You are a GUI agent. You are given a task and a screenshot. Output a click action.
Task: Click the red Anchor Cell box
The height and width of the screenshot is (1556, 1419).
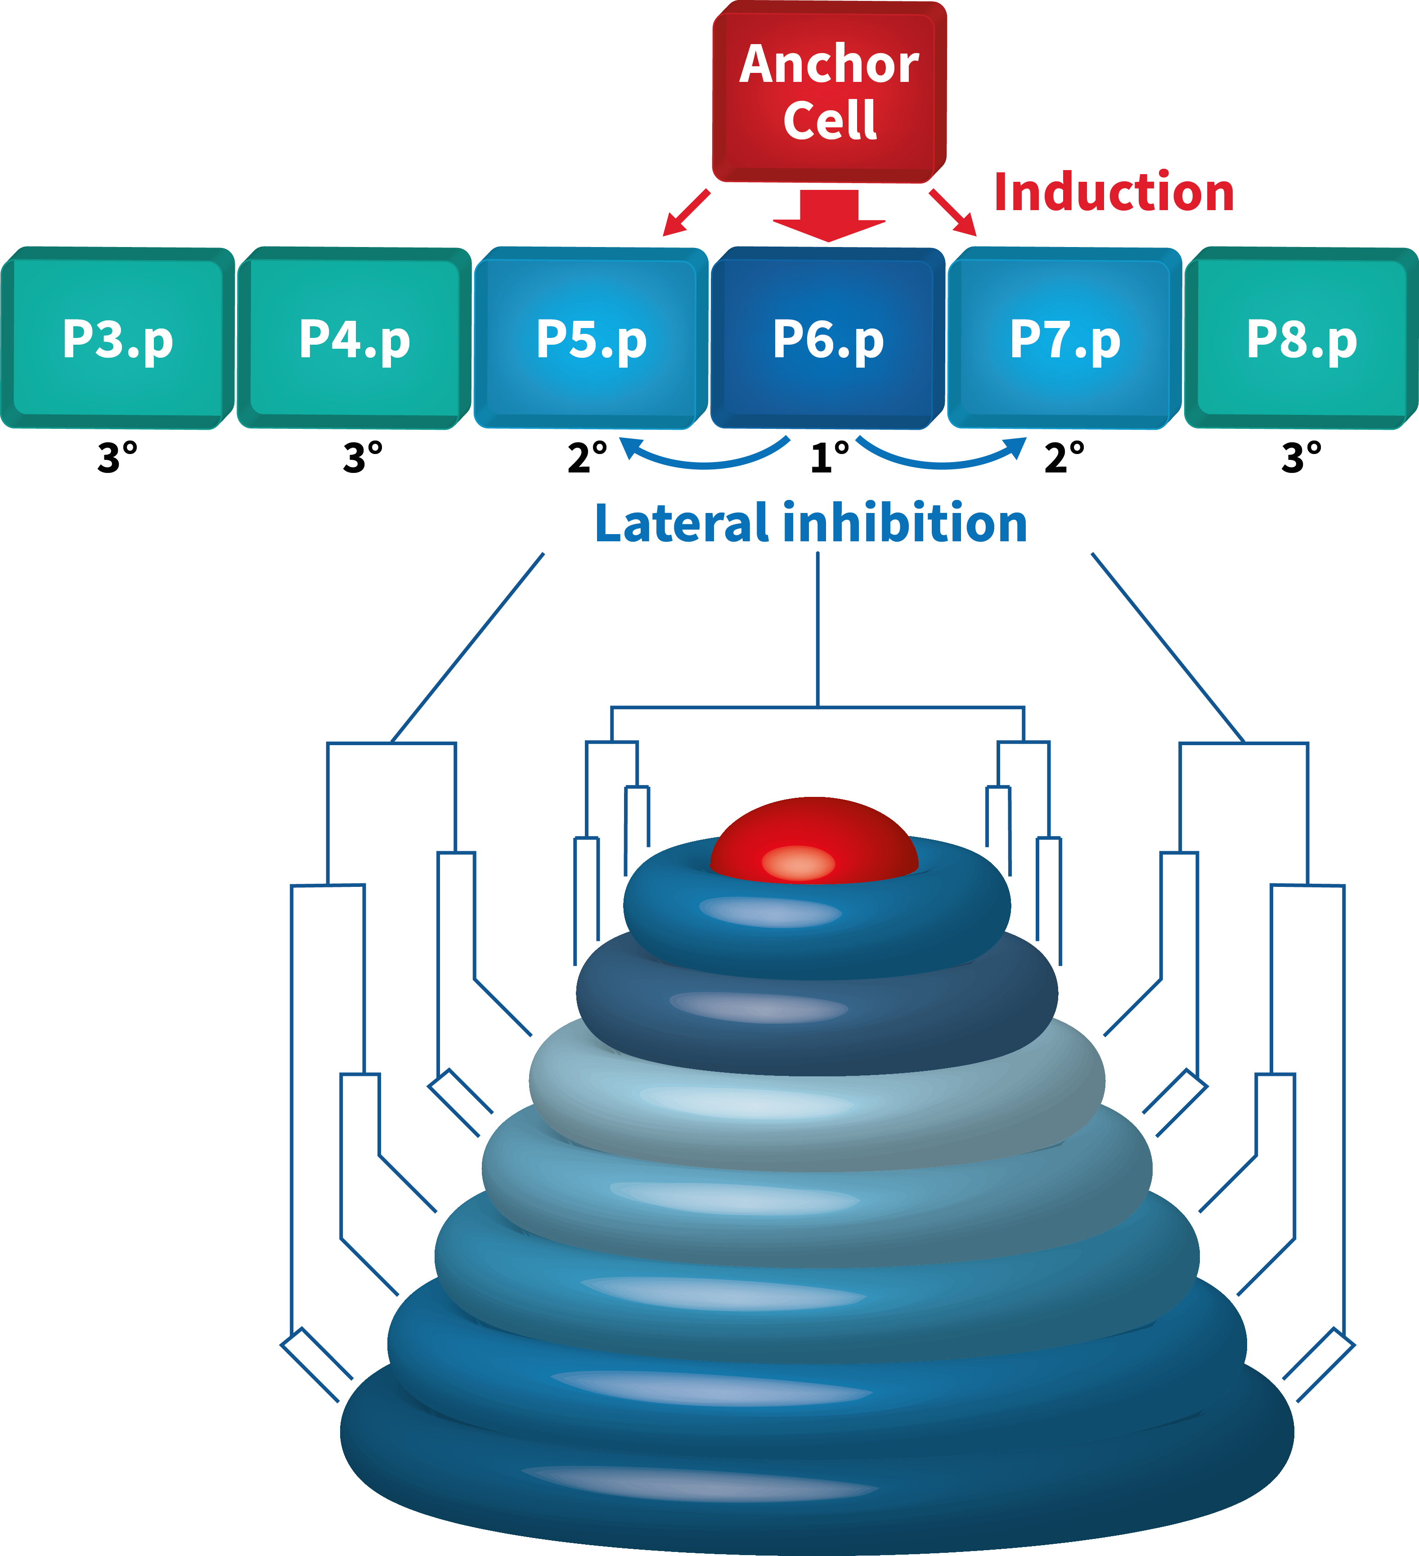[829, 93]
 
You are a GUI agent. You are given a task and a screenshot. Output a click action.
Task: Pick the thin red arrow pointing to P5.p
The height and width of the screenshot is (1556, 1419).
[686, 212]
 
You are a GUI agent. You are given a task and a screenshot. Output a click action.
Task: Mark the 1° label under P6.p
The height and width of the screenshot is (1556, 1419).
[830, 458]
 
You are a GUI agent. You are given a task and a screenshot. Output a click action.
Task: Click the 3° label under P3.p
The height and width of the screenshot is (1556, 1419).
[117, 458]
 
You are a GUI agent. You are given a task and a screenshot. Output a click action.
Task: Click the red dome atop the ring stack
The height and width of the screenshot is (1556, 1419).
[814, 841]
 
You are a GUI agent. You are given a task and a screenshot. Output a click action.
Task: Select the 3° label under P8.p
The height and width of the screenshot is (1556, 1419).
[1301, 458]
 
